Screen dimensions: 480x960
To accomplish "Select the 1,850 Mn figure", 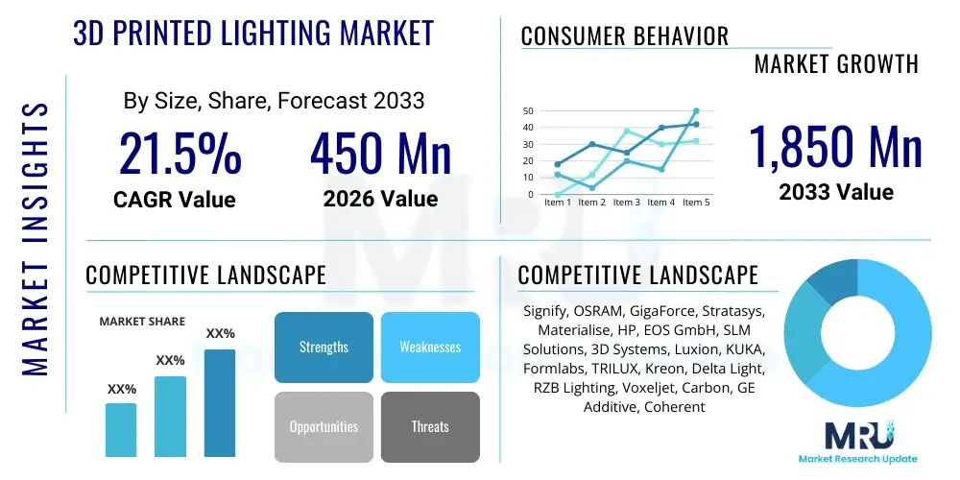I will click(835, 147).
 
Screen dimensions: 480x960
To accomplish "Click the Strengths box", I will click(324, 347).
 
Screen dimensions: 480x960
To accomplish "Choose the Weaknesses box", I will click(430, 347).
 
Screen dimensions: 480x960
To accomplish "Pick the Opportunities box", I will click(324, 426).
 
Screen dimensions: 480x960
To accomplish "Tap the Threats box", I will click(430, 426).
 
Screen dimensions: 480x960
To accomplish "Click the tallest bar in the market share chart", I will click(220, 402).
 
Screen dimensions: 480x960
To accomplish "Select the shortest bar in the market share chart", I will click(121, 429).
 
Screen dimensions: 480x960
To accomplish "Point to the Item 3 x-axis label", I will click(626, 203).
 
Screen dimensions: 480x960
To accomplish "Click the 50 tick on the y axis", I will click(527, 111).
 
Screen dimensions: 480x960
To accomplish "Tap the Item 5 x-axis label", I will click(694, 203).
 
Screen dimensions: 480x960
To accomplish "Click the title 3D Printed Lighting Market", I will click(253, 32).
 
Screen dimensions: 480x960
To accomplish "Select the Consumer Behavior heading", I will click(624, 36).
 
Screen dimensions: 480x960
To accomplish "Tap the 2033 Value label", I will click(835, 192).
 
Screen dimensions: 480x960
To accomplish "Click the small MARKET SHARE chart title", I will click(142, 322).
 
